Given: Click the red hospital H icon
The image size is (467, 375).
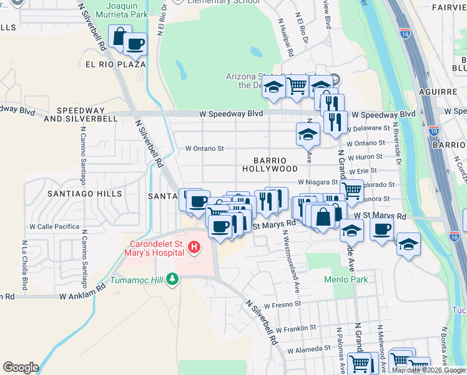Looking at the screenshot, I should pyautogui.click(x=194, y=249).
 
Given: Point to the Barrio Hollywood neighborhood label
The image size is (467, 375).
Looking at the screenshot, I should pyautogui.click(x=270, y=164).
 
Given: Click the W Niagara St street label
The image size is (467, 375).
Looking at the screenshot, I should pyautogui.click(x=317, y=182).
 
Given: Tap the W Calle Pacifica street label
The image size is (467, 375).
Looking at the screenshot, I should pyautogui.click(x=55, y=226).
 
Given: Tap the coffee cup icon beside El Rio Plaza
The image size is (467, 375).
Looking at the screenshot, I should pyautogui.click(x=135, y=44).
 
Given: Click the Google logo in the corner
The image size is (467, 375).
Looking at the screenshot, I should pyautogui.click(x=21, y=367).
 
